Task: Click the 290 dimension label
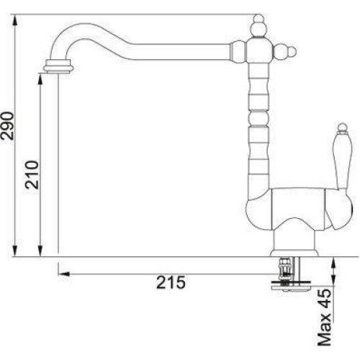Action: coord(8,125)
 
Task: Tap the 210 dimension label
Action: coord(32,174)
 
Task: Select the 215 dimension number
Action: coord(171,282)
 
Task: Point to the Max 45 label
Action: coord(325,317)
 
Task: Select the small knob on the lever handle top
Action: coord(342,128)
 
